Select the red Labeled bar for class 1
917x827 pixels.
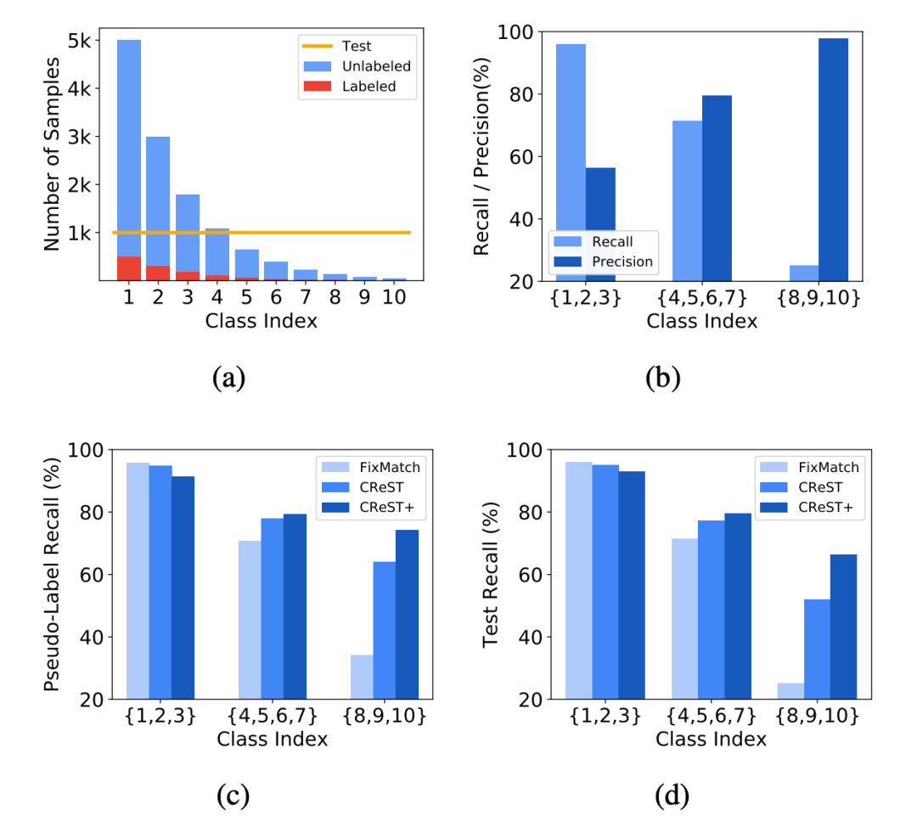click(128, 267)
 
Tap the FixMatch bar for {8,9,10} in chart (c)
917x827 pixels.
click(362, 677)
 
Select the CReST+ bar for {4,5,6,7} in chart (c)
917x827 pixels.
click(295, 606)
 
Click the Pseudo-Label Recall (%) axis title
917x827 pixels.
click(53, 575)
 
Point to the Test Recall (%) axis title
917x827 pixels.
click(491, 575)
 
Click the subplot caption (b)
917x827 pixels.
click(662, 377)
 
